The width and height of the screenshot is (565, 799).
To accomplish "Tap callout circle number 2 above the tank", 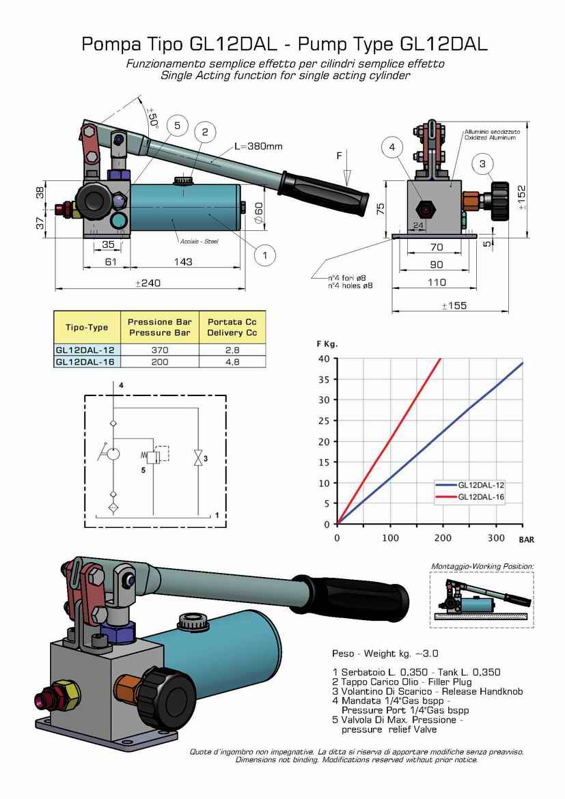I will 204,131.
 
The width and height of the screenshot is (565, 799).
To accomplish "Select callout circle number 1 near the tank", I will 264,255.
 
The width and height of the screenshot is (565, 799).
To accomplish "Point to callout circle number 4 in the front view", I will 391,146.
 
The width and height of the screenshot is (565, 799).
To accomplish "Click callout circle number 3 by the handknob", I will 482,164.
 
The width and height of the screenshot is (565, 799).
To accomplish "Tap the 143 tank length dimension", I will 182,262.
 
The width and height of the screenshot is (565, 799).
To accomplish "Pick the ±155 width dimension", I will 454,305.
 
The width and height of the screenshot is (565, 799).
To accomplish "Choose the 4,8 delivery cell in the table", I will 232,362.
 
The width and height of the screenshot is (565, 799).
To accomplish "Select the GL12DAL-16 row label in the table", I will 85,362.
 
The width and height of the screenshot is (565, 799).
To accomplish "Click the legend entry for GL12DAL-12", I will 480,484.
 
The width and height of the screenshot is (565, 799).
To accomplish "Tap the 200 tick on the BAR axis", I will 443,538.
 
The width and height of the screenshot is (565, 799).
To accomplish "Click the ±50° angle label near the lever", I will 152,117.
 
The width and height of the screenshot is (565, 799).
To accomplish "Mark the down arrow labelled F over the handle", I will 347,175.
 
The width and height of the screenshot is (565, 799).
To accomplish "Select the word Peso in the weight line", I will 342,654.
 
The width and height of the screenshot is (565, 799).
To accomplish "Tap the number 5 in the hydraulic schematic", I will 143,470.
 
